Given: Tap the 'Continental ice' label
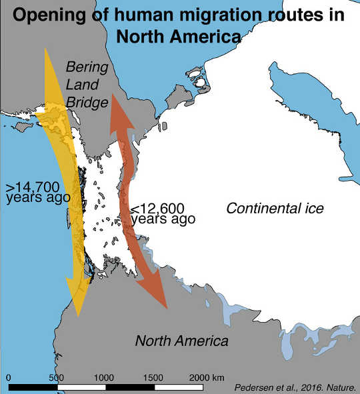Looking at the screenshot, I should point(275,209).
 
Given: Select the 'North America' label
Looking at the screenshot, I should point(182,341).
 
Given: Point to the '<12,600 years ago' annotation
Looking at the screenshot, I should point(163,213).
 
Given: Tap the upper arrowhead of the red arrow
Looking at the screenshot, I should point(115,107).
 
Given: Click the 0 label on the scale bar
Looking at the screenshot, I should point(8,377).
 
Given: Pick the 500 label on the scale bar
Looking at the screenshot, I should point(57,377).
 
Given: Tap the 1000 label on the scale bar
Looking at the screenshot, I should point(105,377).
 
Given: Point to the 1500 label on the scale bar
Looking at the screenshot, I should point(154,377).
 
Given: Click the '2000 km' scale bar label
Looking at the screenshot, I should point(208,377).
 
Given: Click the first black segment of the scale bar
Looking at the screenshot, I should point(33,387).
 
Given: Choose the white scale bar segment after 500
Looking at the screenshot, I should point(81,387).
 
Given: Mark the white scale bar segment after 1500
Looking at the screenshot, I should point(179,387).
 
